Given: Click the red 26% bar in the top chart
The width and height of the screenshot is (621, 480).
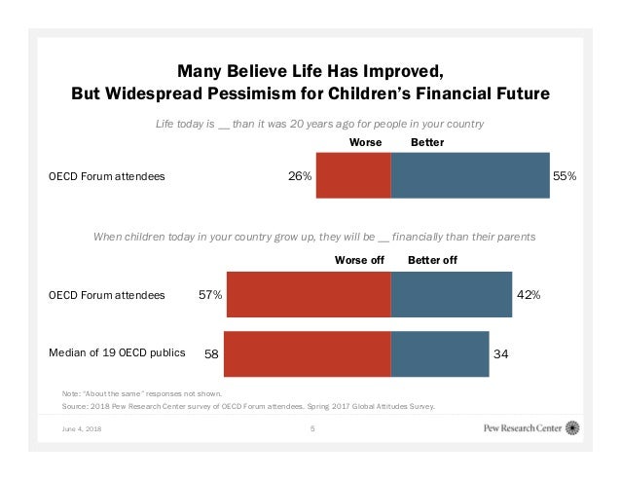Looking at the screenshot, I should tap(353, 176).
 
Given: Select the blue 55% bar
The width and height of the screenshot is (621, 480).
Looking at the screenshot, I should tap(470, 176).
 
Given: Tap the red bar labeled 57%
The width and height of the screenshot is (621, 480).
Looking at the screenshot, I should tap(308, 293).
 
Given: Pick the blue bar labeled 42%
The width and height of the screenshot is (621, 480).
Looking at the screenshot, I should tap(451, 293).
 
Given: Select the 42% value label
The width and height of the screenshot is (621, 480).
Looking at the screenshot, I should tap(529, 293).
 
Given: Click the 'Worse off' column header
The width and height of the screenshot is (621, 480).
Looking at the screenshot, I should tap(360, 260).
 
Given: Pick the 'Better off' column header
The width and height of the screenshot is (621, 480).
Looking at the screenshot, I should tap(431, 260).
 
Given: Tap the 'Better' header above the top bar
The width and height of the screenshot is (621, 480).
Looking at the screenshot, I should tap(428, 142).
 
